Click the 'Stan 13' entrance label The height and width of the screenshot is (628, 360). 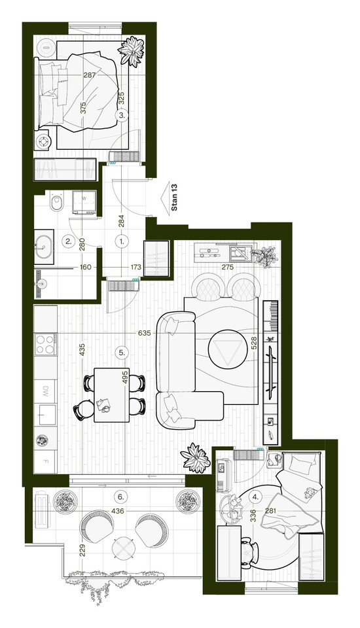point(174,197)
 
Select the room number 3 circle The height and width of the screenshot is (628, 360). point(122,115)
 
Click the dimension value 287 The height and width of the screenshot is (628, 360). point(90,75)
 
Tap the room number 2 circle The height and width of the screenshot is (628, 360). point(69,241)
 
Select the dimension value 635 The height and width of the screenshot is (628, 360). point(144,333)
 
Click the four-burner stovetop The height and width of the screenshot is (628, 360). point(45,344)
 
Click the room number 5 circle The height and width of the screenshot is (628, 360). point(122,353)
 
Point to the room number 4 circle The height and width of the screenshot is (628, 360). point(255,497)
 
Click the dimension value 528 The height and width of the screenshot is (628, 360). point(254,344)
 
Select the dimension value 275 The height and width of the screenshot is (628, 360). point(227,267)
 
